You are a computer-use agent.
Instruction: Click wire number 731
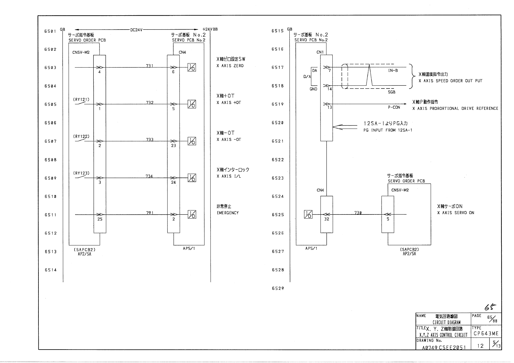[150, 66]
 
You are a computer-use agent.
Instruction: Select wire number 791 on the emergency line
[150, 213]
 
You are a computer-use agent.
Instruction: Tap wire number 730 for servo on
[358, 213]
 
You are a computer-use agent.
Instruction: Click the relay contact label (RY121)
[81, 99]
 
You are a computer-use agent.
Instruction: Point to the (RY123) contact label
[81, 173]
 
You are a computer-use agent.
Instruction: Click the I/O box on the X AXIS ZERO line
[192, 67]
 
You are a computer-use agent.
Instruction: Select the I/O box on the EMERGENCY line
[192, 214]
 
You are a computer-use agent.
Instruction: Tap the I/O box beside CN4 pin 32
[308, 214]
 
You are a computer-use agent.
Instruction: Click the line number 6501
[50, 31]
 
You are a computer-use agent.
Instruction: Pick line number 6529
[278, 288]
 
